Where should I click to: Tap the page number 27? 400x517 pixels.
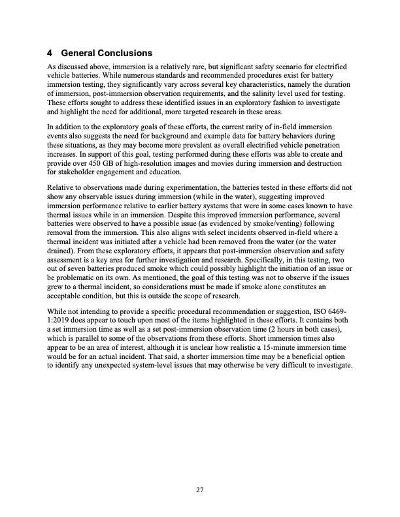200,492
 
